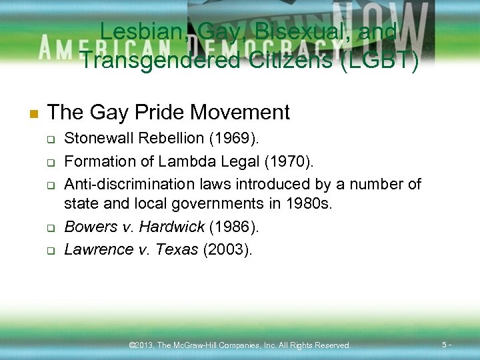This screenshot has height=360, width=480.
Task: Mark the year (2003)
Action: pyautogui.click(x=227, y=249)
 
